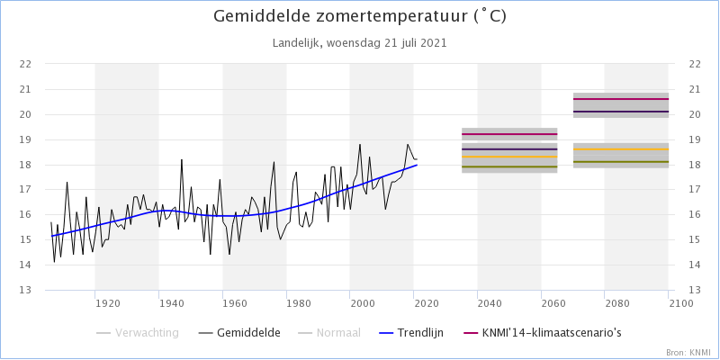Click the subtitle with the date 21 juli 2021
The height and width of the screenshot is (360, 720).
[x=360, y=42]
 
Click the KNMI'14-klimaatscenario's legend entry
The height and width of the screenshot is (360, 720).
[x=541, y=333]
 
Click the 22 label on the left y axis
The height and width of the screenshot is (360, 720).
[x=26, y=64]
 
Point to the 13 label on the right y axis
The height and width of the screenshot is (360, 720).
[x=694, y=290]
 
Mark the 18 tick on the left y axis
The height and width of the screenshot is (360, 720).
[x=26, y=165]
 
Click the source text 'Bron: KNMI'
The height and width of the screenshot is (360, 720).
[x=688, y=351]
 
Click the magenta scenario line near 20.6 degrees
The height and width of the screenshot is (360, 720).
[x=621, y=99]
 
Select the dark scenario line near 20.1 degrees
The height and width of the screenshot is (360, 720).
[x=621, y=112]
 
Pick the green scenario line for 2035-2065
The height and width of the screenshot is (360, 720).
[x=509, y=166]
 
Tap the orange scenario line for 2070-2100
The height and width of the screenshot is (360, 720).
[x=621, y=149]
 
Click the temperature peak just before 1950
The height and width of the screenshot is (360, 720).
[x=182, y=159]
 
